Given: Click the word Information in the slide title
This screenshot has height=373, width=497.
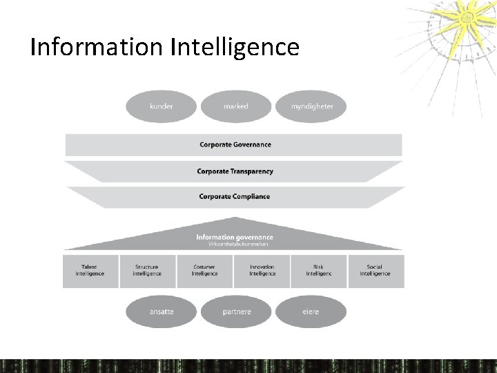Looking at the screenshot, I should click(96, 47).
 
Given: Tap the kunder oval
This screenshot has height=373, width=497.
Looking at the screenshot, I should click(161, 106).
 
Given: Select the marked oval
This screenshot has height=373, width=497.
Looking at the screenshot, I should click(235, 106).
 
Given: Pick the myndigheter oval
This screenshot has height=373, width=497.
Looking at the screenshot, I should click(311, 106).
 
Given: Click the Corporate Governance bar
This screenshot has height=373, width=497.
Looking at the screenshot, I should click(235, 145).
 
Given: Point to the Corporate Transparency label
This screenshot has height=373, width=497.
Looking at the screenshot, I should click(235, 171).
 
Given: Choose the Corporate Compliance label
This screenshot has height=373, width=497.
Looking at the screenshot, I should click(235, 196).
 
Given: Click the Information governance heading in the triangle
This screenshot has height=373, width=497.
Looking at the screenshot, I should click(235, 237).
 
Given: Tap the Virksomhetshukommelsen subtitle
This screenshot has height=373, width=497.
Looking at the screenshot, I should click(235, 244).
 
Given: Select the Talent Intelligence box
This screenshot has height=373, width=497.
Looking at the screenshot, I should click(90, 271).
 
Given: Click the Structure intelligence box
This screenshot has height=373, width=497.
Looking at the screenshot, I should click(147, 271).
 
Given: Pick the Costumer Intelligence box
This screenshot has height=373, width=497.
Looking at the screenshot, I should click(204, 271).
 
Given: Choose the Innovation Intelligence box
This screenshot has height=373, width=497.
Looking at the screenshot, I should click(262, 271).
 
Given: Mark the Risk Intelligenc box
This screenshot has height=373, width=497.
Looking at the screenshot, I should click(318, 271).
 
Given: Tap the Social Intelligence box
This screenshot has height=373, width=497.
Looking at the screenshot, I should click(376, 271).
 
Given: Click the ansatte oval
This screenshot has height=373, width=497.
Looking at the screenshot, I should click(161, 312).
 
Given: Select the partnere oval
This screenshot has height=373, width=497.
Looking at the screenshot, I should click(236, 312).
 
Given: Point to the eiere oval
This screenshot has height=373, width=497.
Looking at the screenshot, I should click(311, 312).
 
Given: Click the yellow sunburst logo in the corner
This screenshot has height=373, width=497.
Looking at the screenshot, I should click(459, 21).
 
